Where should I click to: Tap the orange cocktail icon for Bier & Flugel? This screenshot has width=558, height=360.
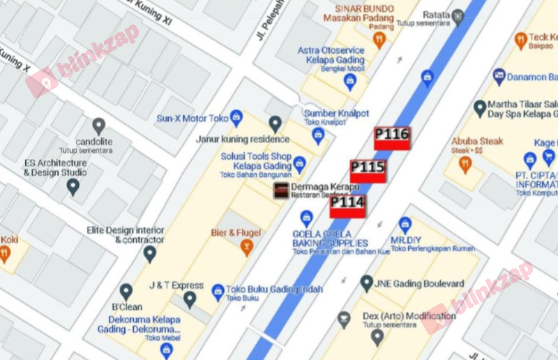pos(246,246)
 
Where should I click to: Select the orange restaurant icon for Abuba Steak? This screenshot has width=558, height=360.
pos(465,165)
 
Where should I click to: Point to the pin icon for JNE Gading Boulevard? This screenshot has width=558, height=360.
pos(366,283)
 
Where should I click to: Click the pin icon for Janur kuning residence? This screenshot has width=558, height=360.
pos(275,124)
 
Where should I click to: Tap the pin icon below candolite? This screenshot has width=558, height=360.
pos(98,126)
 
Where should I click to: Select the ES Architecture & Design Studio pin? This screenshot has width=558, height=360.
pos(73,186)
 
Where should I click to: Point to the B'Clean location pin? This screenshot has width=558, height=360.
pos(126,292)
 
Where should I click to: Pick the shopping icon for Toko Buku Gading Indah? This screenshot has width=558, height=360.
pos(218,290)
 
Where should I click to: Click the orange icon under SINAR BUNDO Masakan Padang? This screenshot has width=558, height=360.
pos(379,40)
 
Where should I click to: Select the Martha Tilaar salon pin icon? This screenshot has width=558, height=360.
pos(480,108)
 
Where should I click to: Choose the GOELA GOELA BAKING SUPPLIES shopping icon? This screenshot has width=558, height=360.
pos(306,218)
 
